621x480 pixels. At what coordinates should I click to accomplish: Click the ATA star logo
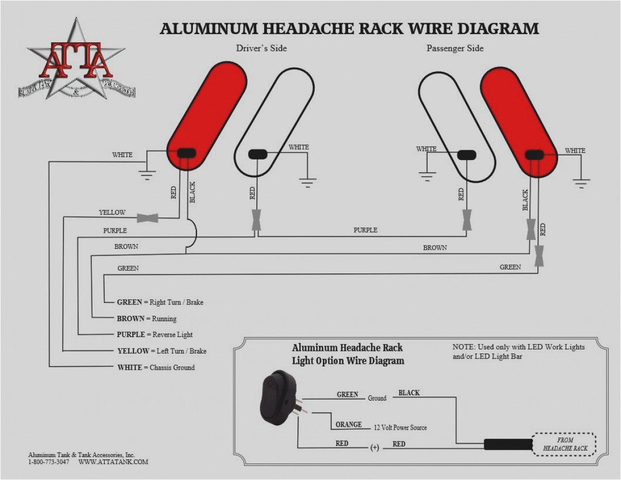coord(76,61)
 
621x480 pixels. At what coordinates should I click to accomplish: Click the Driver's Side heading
coord(261,48)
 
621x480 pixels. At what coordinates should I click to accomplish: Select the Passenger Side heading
coord(455,48)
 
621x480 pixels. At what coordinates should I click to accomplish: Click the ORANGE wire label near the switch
coord(349,424)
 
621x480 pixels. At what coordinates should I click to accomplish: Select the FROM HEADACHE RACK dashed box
coord(565,444)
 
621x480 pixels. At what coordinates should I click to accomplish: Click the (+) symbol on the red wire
coord(374,447)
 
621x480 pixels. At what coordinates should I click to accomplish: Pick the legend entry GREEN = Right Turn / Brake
coord(160,302)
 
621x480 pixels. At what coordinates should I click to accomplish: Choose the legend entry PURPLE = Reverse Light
coord(155,334)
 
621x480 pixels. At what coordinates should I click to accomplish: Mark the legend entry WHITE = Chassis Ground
coord(156,367)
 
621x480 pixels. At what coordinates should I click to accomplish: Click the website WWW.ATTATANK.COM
coord(113,462)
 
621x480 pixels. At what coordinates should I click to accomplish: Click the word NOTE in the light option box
coord(462,347)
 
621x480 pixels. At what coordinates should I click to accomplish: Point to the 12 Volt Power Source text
coord(400,427)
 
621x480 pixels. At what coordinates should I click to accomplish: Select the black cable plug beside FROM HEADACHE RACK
coord(508,444)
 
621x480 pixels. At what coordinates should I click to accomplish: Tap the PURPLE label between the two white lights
coord(365,230)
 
